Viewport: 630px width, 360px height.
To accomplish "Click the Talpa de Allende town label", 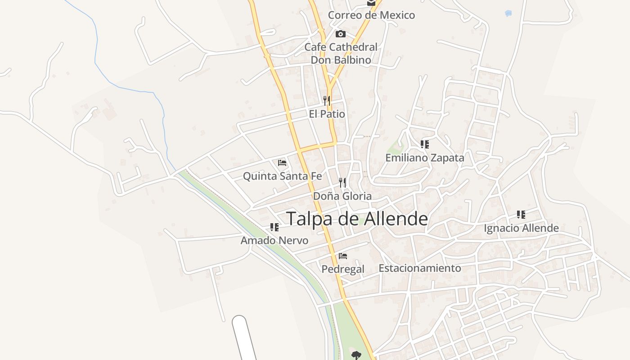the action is pos(357,219).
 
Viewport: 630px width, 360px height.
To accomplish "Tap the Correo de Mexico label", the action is pos(371,15).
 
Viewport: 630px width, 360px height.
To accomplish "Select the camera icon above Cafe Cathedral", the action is pos(341,34).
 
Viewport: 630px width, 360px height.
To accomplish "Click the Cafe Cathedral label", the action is pos(341,47).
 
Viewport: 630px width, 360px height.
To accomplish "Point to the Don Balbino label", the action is pos(341,60).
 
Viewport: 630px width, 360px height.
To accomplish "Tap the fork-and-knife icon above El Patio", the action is pos(327,100).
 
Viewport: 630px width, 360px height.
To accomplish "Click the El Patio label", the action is pos(327,114).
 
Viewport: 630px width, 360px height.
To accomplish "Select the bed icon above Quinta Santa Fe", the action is pos(282,162).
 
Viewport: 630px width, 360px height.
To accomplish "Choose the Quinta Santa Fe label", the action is pos(282,176).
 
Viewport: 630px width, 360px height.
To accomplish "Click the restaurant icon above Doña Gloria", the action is pos(342,182).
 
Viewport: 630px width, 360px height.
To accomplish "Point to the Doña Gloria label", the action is pos(342,196).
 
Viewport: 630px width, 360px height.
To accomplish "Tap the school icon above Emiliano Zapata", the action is pos(424,144).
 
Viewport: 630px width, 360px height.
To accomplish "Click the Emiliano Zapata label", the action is pos(424,158).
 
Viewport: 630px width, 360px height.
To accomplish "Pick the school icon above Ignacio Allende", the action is pos(521,215).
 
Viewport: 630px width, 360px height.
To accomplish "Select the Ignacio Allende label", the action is pos(521,228).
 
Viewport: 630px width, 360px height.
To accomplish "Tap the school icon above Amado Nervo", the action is pos(274,227).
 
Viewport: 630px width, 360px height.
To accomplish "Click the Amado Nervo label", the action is pos(274,240).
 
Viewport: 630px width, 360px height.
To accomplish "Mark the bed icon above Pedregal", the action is pos(343,256).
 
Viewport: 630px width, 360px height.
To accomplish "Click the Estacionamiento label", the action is pos(419,268).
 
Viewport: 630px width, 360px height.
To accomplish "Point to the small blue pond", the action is pos(508,13).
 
